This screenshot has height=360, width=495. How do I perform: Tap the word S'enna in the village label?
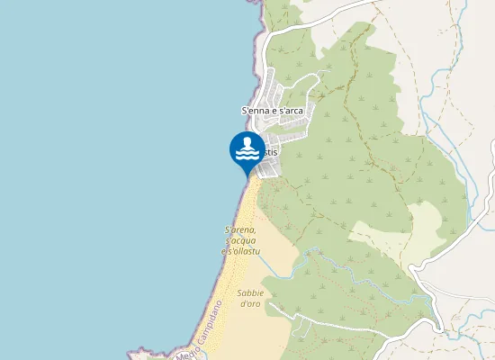[255, 111]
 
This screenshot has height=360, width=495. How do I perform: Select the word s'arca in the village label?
[292, 111]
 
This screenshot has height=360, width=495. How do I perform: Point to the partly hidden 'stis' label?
[270, 152]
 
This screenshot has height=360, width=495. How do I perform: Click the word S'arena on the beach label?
[240, 230]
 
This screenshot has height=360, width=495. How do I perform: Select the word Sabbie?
[250, 293]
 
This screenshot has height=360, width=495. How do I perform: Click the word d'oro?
[250, 303]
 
